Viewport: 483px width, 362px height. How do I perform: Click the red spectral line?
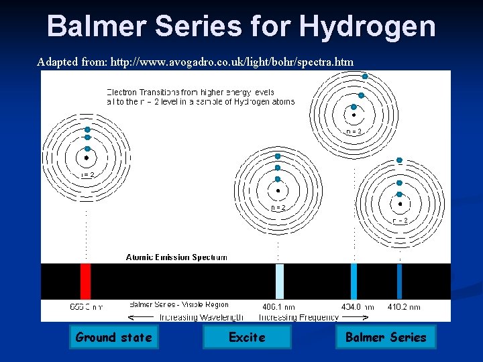85,281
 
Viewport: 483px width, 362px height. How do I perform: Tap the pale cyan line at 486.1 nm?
280,281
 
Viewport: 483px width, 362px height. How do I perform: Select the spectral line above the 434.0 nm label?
354,281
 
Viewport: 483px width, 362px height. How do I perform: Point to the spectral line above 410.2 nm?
400,281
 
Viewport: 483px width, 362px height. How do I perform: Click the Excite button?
247,337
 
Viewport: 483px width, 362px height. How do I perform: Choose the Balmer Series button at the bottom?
386,337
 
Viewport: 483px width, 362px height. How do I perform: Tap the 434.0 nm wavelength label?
357,307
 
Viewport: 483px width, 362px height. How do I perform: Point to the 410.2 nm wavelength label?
404,307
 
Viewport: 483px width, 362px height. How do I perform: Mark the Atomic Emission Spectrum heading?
176,257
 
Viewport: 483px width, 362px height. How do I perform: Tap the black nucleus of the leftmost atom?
87,159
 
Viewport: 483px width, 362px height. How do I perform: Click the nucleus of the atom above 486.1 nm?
278,190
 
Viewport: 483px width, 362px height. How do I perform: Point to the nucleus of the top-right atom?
354,115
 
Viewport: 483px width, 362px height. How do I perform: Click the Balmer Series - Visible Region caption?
179,305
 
